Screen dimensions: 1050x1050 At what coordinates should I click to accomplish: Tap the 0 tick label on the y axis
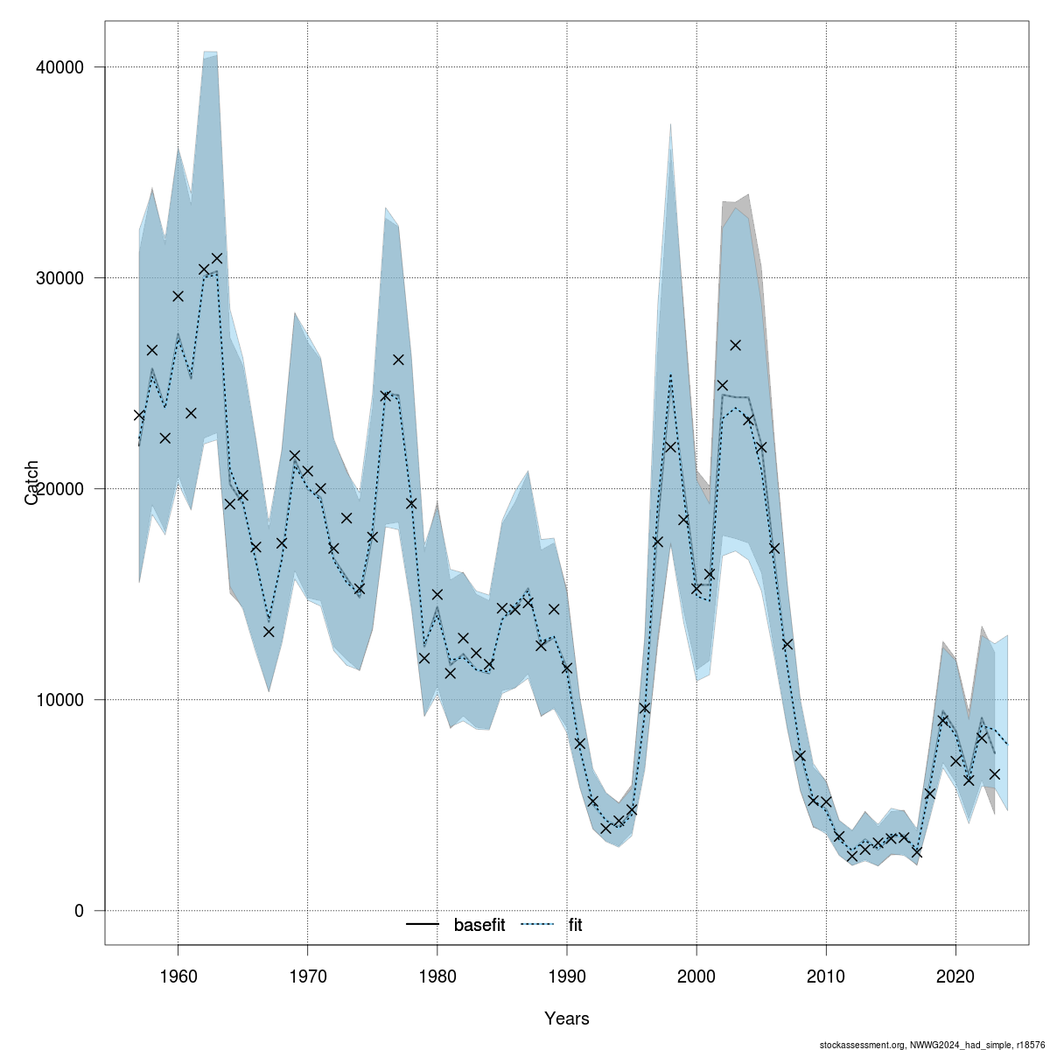coord(78,911)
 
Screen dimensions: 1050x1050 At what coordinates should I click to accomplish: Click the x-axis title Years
coord(567,1018)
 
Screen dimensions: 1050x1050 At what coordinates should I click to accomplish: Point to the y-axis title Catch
coord(32,482)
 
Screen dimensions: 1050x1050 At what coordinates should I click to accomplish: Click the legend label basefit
coord(479,925)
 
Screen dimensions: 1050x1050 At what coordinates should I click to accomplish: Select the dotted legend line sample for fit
coord(538,925)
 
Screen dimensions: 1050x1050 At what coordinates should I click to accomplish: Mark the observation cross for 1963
coord(217,258)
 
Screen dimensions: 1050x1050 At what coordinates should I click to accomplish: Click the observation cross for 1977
coord(398,360)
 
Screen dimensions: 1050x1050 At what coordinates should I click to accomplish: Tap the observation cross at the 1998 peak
coord(670,446)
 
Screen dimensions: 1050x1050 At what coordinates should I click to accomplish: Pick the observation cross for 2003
coord(735,345)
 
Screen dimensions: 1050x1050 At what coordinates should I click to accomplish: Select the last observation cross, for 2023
coord(995,773)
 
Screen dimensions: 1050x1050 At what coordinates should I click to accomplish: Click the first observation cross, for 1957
coord(139,415)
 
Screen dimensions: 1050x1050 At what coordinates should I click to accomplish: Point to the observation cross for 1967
coord(269,632)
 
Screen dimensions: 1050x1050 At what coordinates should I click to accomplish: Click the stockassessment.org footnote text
coord(933,1045)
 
